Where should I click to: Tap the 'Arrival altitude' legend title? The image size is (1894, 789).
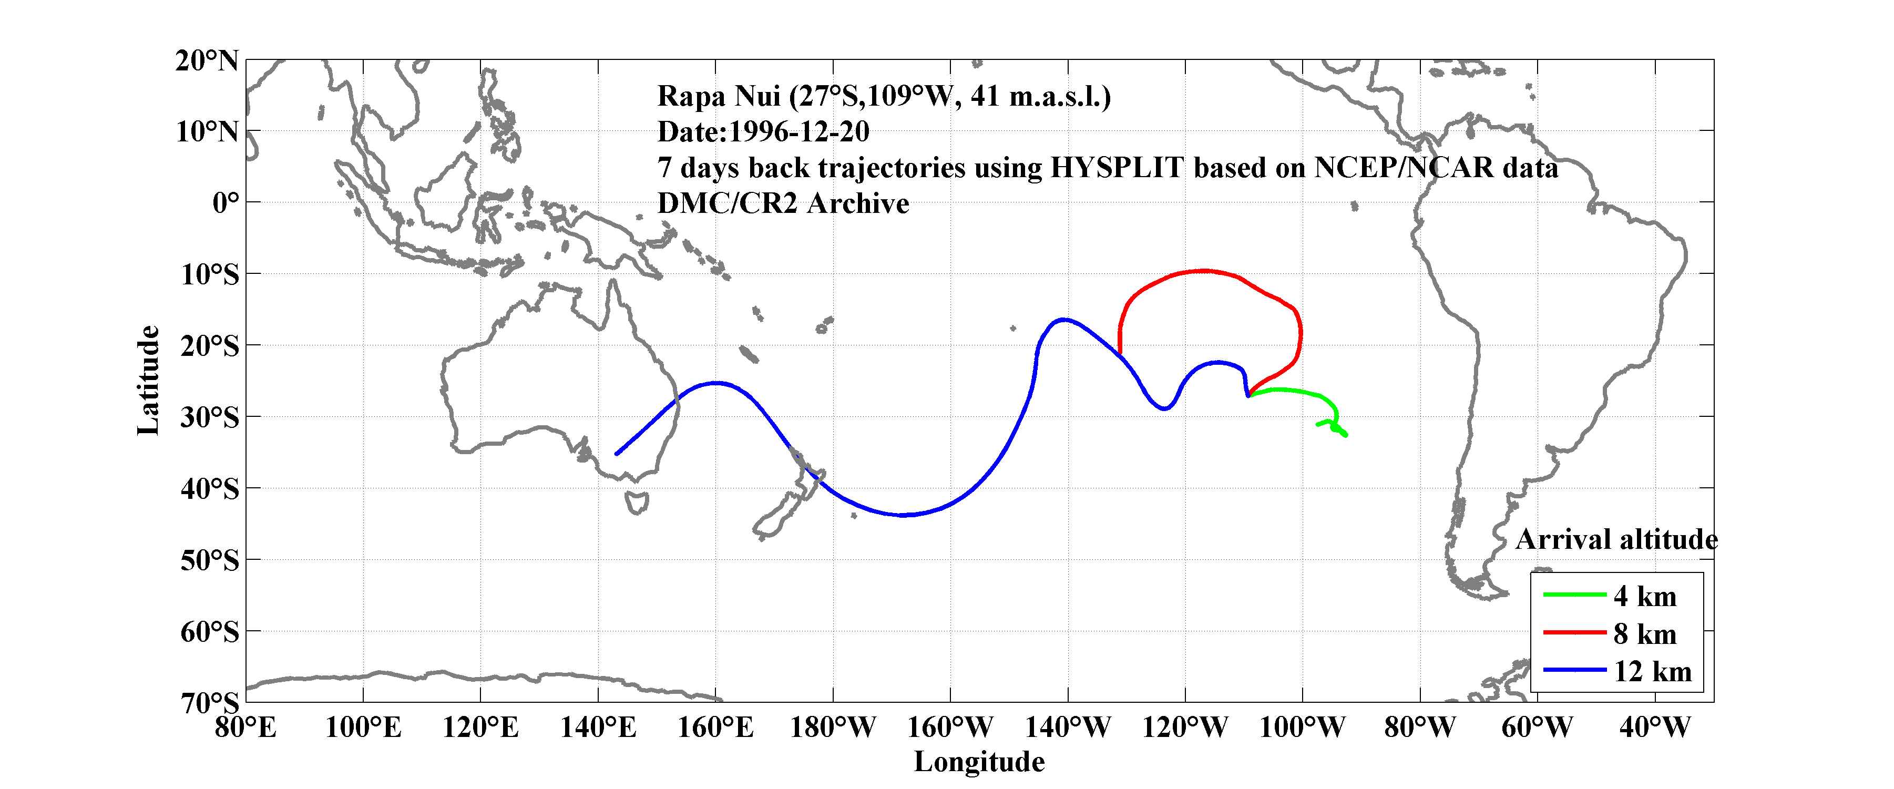(x=1616, y=540)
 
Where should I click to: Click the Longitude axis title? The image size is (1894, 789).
(x=979, y=762)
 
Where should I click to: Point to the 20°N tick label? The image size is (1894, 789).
(x=207, y=60)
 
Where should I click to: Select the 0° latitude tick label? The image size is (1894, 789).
(x=225, y=202)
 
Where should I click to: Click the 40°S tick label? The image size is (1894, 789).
(x=210, y=488)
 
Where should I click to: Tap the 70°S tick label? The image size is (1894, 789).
(x=210, y=702)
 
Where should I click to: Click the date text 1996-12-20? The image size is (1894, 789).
(x=798, y=131)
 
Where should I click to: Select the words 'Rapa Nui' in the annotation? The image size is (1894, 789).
(x=719, y=96)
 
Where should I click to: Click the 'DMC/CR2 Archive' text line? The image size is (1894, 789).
(x=783, y=203)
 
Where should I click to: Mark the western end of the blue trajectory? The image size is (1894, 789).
(x=616, y=454)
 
